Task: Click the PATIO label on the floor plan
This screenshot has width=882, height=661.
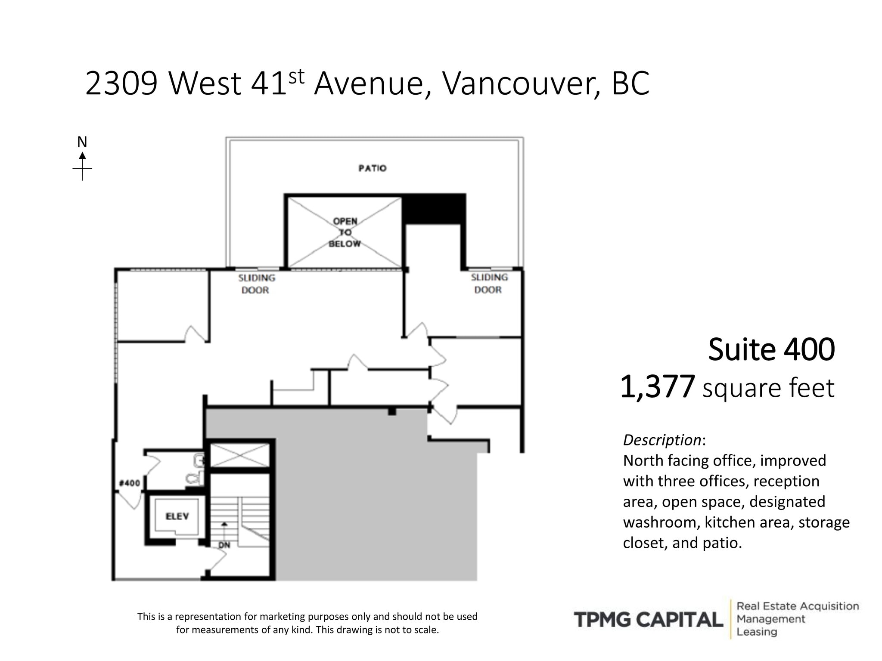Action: tap(373, 168)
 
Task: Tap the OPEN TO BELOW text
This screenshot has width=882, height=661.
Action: tap(345, 232)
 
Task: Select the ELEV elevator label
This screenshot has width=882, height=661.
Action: tap(177, 516)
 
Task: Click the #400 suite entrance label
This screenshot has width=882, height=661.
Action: tap(130, 483)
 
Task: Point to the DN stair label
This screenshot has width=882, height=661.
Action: tap(224, 545)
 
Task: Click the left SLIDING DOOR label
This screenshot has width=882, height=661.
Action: tap(256, 284)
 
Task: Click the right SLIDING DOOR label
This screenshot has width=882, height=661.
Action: tap(489, 284)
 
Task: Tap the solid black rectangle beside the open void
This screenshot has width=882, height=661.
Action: tap(434, 209)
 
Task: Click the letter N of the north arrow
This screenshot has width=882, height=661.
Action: tap(82, 142)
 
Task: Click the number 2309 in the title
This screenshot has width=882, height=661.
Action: tap(121, 83)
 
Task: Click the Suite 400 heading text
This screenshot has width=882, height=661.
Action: tap(771, 349)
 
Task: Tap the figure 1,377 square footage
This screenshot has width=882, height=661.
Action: tap(657, 386)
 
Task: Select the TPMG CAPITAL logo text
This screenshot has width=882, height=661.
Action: tap(648, 620)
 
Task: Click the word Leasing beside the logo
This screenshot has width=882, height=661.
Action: tap(757, 632)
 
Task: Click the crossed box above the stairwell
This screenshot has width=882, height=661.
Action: tap(239, 455)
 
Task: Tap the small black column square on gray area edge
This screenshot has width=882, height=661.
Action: tap(392, 412)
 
